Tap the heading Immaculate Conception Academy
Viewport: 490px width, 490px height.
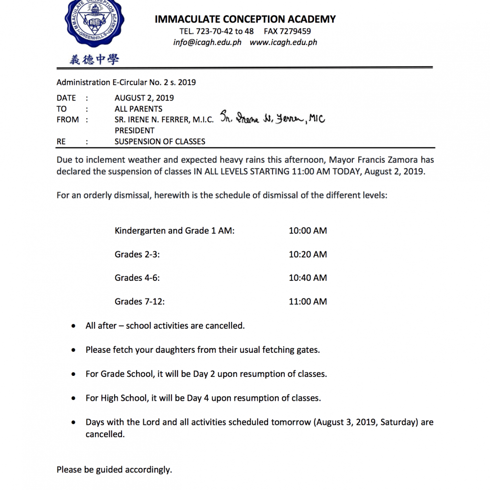245,19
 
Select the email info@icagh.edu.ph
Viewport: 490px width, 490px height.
207,42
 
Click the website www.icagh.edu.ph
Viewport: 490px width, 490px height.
283,42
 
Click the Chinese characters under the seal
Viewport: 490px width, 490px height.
94,60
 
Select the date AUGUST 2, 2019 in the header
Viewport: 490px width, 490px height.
144,98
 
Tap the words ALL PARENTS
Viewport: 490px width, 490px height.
138,109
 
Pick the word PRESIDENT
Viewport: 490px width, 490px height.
134,130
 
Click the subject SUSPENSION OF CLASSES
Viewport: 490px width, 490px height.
160,142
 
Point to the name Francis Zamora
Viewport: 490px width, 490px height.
377,160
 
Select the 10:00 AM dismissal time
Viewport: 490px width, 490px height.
308,231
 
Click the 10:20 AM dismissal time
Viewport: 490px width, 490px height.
308,254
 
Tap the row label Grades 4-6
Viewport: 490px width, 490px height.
137,278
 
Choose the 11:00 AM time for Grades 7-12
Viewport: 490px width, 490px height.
308,301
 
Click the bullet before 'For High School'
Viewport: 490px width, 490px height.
73,398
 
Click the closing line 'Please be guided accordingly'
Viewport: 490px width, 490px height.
114,470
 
